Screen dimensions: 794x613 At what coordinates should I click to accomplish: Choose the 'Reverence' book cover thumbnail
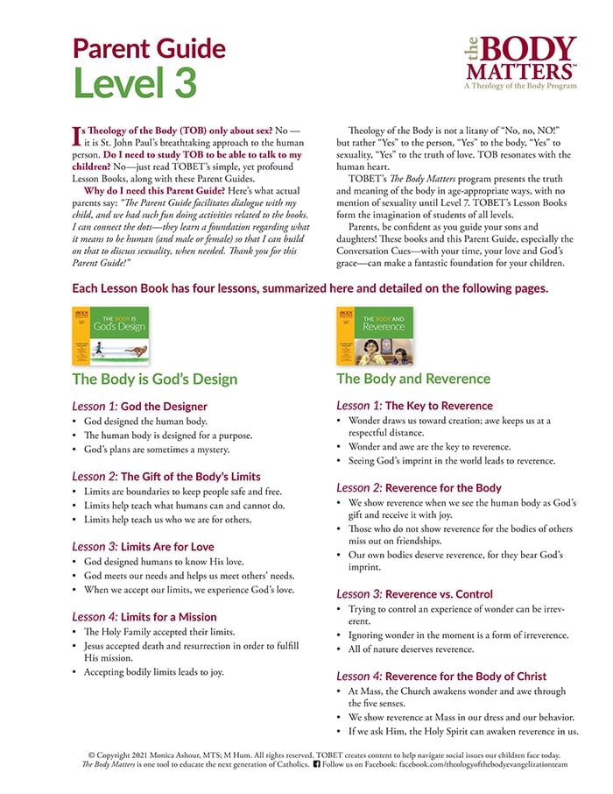(375, 336)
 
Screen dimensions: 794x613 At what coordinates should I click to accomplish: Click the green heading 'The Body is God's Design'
(155, 379)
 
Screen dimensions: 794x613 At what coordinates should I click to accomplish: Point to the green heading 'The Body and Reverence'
(413, 379)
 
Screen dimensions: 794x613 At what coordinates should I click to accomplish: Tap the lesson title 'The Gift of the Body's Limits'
(190, 477)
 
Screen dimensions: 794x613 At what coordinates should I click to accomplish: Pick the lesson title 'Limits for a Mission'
(173, 616)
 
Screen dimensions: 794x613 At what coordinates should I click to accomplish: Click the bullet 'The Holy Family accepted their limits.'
(163, 632)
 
